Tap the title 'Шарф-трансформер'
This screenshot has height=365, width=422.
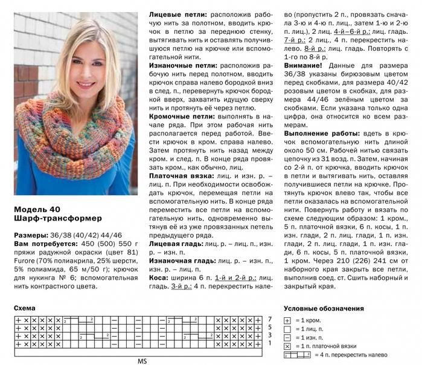[54, 217]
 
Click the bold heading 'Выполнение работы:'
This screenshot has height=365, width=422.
[319, 132]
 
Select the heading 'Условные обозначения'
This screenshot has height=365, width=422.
[324, 308]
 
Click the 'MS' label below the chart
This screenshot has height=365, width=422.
[142, 361]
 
